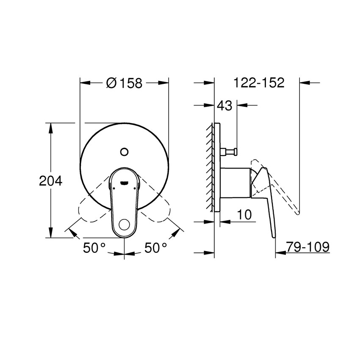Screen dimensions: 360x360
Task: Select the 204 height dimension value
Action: [50, 181]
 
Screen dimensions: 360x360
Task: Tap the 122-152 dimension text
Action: [259, 83]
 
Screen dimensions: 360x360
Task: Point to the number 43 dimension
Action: [224, 106]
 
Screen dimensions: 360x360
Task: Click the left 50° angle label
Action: [94, 248]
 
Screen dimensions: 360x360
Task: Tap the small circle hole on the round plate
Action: [124, 151]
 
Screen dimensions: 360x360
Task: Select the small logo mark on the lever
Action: [124, 183]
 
